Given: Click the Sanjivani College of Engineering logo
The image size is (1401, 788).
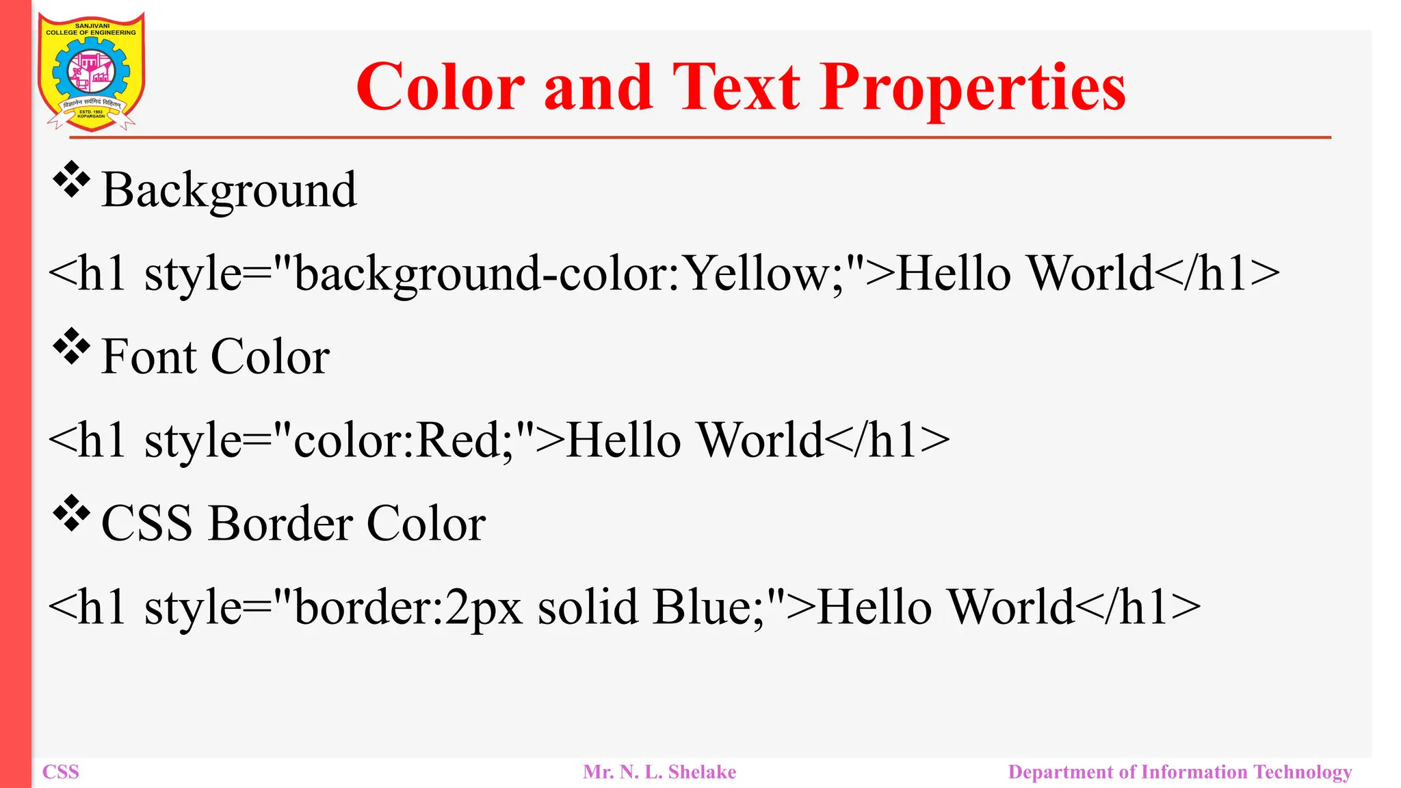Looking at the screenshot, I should (x=91, y=72).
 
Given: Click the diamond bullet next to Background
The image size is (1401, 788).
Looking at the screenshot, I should (x=71, y=180).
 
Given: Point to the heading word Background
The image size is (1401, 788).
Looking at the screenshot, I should (x=229, y=190).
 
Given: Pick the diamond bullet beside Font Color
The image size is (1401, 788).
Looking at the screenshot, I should (x=71, y=347).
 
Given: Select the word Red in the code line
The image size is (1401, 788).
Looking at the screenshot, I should (x=459, y=440).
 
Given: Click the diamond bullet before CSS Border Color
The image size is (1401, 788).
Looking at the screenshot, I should (x=71, y=514).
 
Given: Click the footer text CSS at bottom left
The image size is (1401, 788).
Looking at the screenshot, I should (x=61, y=772).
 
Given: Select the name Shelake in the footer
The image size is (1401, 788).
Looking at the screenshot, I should (x=702, y=772).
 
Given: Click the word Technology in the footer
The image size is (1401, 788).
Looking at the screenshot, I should (x=1302, y=772).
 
